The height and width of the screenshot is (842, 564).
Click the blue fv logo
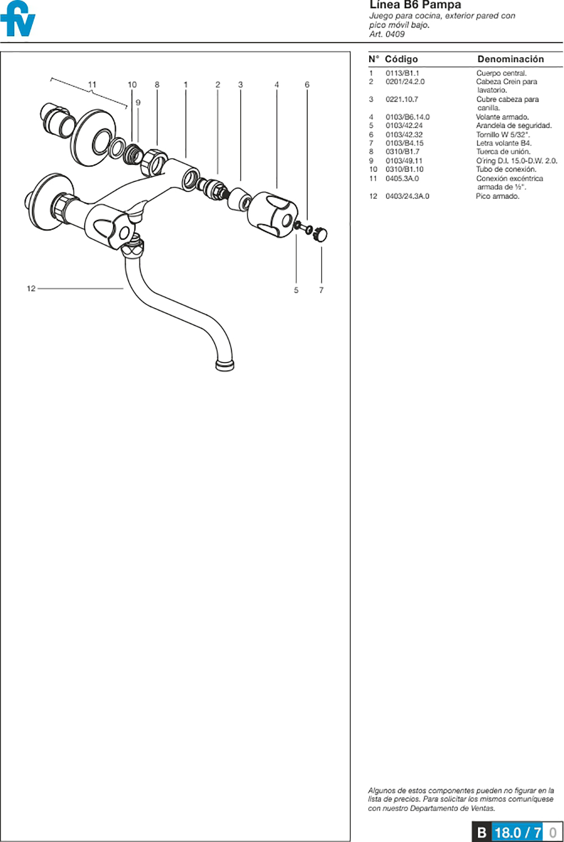click(17, 19)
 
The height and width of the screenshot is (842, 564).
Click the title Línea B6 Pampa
click(415, 5)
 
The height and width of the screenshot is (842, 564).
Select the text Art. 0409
click(387, 34)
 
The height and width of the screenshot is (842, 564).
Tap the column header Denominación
click(511, 59)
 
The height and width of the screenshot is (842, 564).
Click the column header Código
click(402, 59)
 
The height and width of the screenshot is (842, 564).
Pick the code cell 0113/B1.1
click(402, 73)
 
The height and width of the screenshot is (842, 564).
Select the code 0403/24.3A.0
click(407, 196)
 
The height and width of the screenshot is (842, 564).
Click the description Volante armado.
click(502, 117)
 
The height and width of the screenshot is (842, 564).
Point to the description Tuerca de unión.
click(503, 152)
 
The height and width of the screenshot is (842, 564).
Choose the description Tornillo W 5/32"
click(503, 135)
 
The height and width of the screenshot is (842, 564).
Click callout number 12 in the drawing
click(31, 289)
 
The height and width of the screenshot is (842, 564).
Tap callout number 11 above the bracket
click(92, 85)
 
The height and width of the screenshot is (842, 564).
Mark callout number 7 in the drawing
click(321, 290)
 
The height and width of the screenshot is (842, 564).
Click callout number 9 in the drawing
click(138, 103)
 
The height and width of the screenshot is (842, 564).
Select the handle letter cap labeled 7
click(320, 234)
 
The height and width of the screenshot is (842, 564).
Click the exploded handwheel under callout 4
click(272, 214)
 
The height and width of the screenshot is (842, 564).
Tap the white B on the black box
click(481, 832)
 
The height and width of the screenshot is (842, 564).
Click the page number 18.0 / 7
click(518, 832)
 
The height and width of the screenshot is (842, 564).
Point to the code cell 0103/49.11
click(404, 161)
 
